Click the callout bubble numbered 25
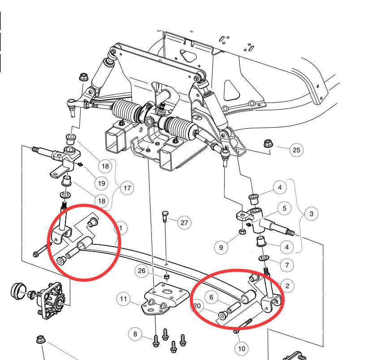[296, 150]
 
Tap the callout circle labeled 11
[123, 299]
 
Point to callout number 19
[102, 183]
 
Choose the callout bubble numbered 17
[127, 188]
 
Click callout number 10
[242, 348]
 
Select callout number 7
[286, 265]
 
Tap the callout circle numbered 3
[311, 214]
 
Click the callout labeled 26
[142, 270]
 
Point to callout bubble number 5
[284, 208]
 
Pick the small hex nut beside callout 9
[241, 232]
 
